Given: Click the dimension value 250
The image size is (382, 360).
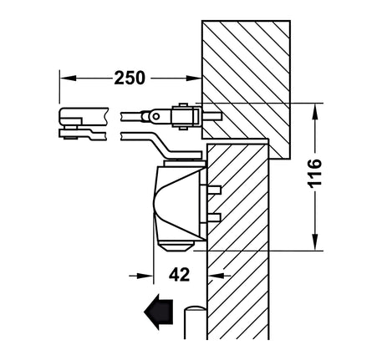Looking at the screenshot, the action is pyautogui.click(x=130, y=78).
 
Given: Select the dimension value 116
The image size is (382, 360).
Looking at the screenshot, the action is pyautogui.click(x=315, y=173).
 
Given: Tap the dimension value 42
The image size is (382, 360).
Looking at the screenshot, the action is pyautogui.click(x=179, y=275).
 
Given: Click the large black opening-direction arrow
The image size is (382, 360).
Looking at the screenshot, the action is pyautogui.click(x=158, y=312).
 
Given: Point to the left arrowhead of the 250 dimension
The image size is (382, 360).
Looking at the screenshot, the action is pyautogui.click(x=68, y=78).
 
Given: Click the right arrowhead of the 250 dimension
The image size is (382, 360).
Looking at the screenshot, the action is pyautogui.click(x=194, y=79).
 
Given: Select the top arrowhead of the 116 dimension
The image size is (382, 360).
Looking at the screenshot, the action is pyautogui.click(x=315, y=111).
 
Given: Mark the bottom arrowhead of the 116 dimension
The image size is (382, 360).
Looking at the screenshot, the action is pyautogui.click(x=315, y=242).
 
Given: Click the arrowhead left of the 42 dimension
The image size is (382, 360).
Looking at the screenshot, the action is pyautogui.click(x=145, y=276).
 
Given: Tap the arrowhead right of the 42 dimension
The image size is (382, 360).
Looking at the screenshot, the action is pyautogui.click(x=216, y=276).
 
